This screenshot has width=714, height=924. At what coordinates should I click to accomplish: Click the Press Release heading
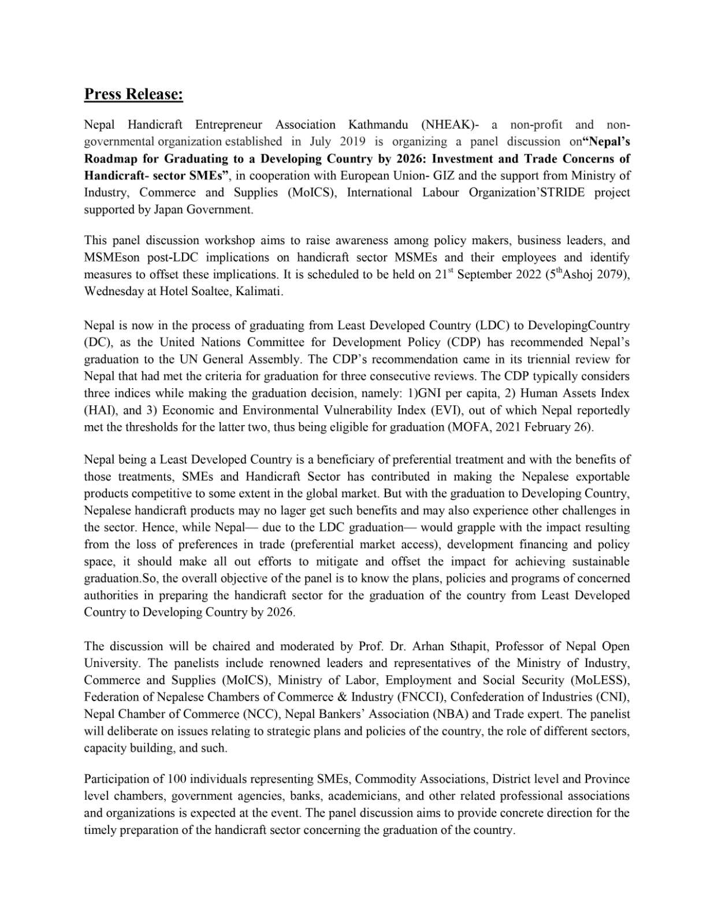click(133, 94)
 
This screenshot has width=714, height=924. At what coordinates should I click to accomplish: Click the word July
click(321, 141)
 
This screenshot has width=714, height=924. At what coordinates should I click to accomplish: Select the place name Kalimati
click(258, 291)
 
